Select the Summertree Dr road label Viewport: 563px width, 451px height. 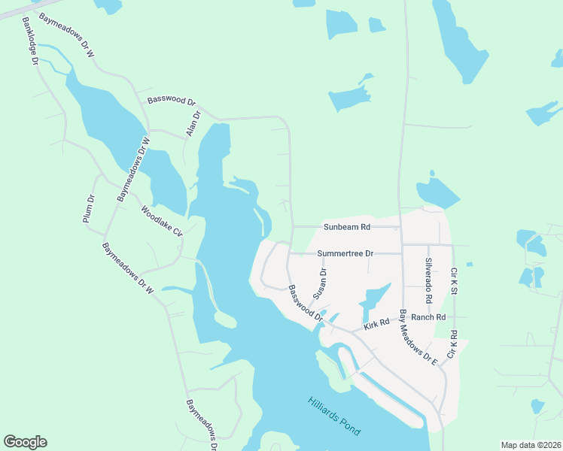tap(345, 253)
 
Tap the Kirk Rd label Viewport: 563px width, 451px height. tap(376, 323)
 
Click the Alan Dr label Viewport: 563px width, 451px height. tap(194, 124)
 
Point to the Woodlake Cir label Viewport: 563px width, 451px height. tap(162, 221)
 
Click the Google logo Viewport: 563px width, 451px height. tap(25, 442)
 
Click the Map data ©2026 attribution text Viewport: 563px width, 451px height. tap(531, 445)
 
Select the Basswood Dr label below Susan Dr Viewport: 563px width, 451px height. tap(304, 304)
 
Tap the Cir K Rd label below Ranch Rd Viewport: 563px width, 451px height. tap(453, 343)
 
